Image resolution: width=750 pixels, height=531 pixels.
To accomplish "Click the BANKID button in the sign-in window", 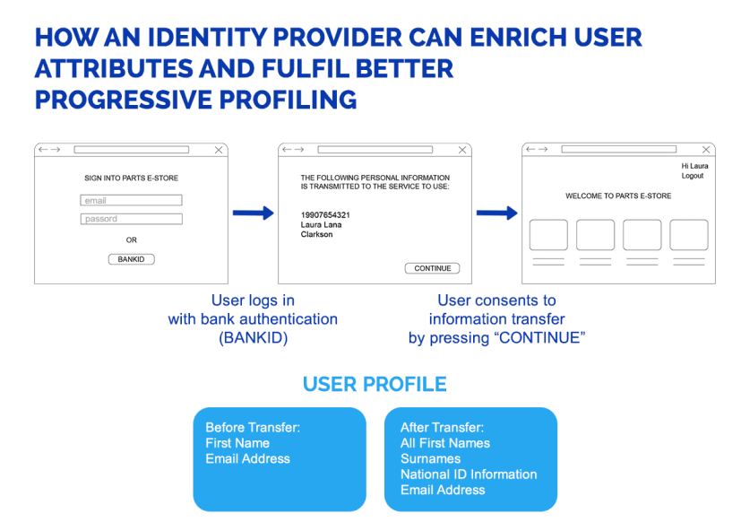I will tap(131, 259).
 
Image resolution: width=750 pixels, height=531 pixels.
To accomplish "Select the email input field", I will tap(131, 201).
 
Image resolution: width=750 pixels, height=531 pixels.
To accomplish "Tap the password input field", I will tap(131, 219).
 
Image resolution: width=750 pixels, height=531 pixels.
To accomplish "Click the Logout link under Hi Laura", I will tap(692, 176).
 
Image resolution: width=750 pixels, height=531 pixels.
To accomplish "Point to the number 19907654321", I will tap(325, 215).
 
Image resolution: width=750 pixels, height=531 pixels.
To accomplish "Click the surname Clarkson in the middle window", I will tap(316, 235).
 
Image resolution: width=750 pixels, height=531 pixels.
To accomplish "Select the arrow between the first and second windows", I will tap(253, 213).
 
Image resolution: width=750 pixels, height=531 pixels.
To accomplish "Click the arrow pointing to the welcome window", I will tap(496, 213).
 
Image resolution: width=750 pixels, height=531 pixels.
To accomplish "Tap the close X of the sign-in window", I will tap(219, 150).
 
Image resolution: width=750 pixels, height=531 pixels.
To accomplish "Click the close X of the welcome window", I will tap(706, 150).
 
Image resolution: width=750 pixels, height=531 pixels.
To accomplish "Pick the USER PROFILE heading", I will tap(375, 385).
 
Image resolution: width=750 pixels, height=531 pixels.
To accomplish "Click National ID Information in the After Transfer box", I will tap(469, 474).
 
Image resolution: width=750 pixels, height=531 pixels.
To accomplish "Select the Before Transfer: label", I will tap(253, 428).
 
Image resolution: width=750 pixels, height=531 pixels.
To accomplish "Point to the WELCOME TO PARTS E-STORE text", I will tap(618, 196).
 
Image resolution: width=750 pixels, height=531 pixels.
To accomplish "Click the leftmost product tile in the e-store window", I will tap(548, 235).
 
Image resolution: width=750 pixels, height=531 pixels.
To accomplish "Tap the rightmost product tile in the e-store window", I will tap(688, 235).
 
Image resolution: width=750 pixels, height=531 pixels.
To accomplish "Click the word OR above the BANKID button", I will tap(131, 240).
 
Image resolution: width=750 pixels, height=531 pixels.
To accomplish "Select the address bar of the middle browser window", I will tap(375, 150).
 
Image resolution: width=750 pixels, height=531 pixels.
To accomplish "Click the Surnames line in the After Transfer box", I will tap(430, 459).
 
